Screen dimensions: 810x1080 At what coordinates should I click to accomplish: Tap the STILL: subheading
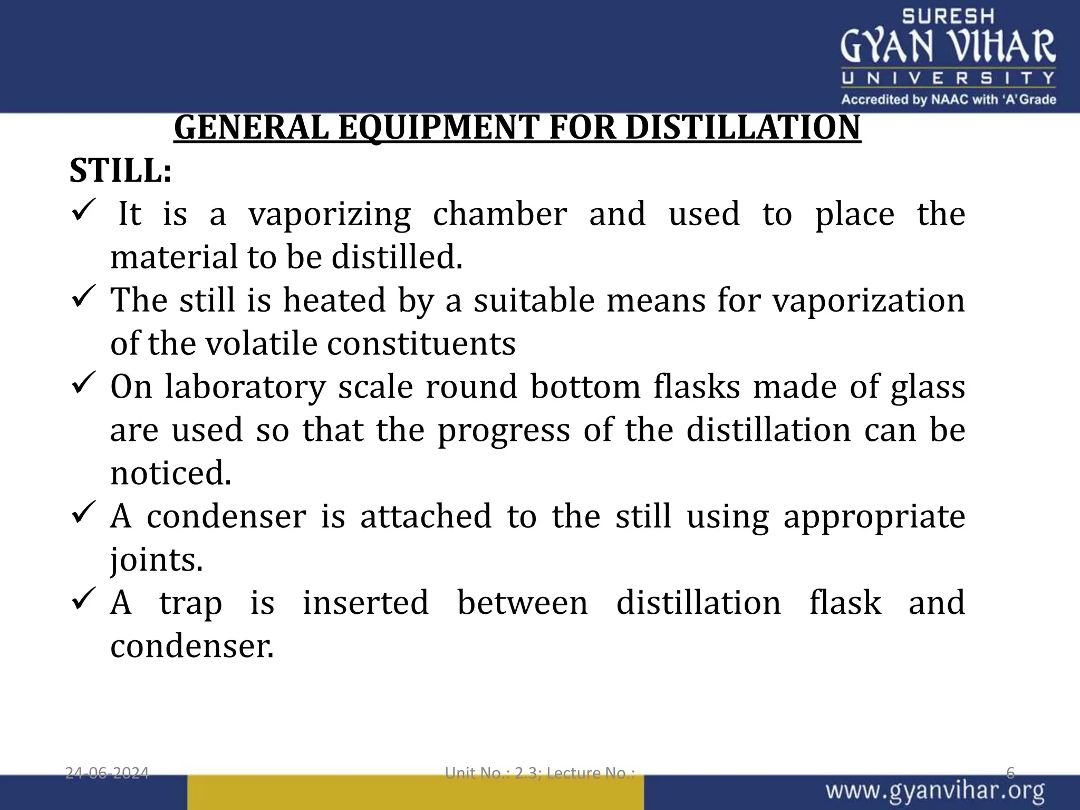coord(121,171)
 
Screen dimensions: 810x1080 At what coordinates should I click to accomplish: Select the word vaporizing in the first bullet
coord(330,215)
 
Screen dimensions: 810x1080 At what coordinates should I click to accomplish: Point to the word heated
coord(334,300)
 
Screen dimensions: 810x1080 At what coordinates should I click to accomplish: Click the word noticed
coord(171,473)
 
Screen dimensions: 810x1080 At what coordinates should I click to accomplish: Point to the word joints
coord(157,560)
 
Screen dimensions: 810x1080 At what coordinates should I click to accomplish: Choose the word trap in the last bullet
coord(190,603)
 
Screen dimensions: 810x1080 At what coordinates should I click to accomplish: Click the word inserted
coord(365,603)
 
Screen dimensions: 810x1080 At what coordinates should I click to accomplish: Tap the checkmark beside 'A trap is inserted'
coord(83,599)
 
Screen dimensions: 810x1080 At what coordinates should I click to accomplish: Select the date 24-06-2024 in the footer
coord(107,774)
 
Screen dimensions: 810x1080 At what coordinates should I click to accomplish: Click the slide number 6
coord(1010,774)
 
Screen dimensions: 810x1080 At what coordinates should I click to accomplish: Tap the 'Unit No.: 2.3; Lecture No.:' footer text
coord(540,774)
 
